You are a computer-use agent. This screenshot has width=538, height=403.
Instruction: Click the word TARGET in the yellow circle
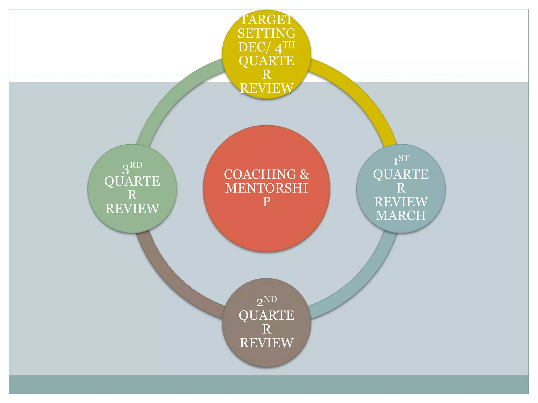click(266, 20)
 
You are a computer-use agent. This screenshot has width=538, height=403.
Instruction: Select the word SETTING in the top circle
click(266, 33)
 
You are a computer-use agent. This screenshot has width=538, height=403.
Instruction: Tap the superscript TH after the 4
click(289, 45)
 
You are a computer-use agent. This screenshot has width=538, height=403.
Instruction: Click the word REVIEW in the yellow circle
click(266, 88)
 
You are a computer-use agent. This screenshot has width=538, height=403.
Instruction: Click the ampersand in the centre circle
click(304, 174)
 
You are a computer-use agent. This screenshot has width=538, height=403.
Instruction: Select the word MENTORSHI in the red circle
click(266, 188)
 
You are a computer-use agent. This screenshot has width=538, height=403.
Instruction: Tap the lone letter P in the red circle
click(266, 202)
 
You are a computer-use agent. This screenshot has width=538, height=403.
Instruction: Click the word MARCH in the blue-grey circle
click(401, 215)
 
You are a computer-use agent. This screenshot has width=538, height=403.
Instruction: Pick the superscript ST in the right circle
click(404, 158)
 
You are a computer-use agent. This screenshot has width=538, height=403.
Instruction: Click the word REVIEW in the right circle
click(401, 202)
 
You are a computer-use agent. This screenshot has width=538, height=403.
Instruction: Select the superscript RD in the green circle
click(136, 165)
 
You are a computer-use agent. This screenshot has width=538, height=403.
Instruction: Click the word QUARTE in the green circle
click(132, 181)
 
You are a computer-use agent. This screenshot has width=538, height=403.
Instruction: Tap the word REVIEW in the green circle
click(132, 209)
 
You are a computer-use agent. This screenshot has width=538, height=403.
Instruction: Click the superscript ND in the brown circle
click(270, 299)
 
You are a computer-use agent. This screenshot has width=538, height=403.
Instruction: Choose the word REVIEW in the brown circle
click(266, 343)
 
